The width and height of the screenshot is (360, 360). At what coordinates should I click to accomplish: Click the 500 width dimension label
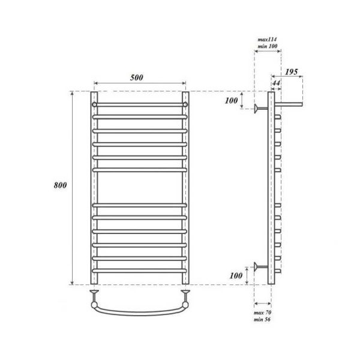[x=137, y=77]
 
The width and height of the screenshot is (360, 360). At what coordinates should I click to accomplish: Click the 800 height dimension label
[x=60, y=185]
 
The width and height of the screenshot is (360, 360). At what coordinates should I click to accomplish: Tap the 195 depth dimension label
[x=292, y=72]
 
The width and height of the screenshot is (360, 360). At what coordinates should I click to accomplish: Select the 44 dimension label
[x=276, y=83]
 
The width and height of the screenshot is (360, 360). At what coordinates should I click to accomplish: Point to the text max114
[x=267, y=40]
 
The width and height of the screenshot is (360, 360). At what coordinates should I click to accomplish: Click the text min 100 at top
[x=267, y=46]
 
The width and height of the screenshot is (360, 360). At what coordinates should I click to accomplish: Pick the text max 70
[x=262, y=313]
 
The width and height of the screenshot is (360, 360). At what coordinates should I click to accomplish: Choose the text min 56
[x=262, y=319]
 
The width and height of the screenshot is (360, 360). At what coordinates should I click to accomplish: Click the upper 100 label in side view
[x=231, y=101]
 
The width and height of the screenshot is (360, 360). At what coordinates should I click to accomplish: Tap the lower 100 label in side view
[x=236, y=275]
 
